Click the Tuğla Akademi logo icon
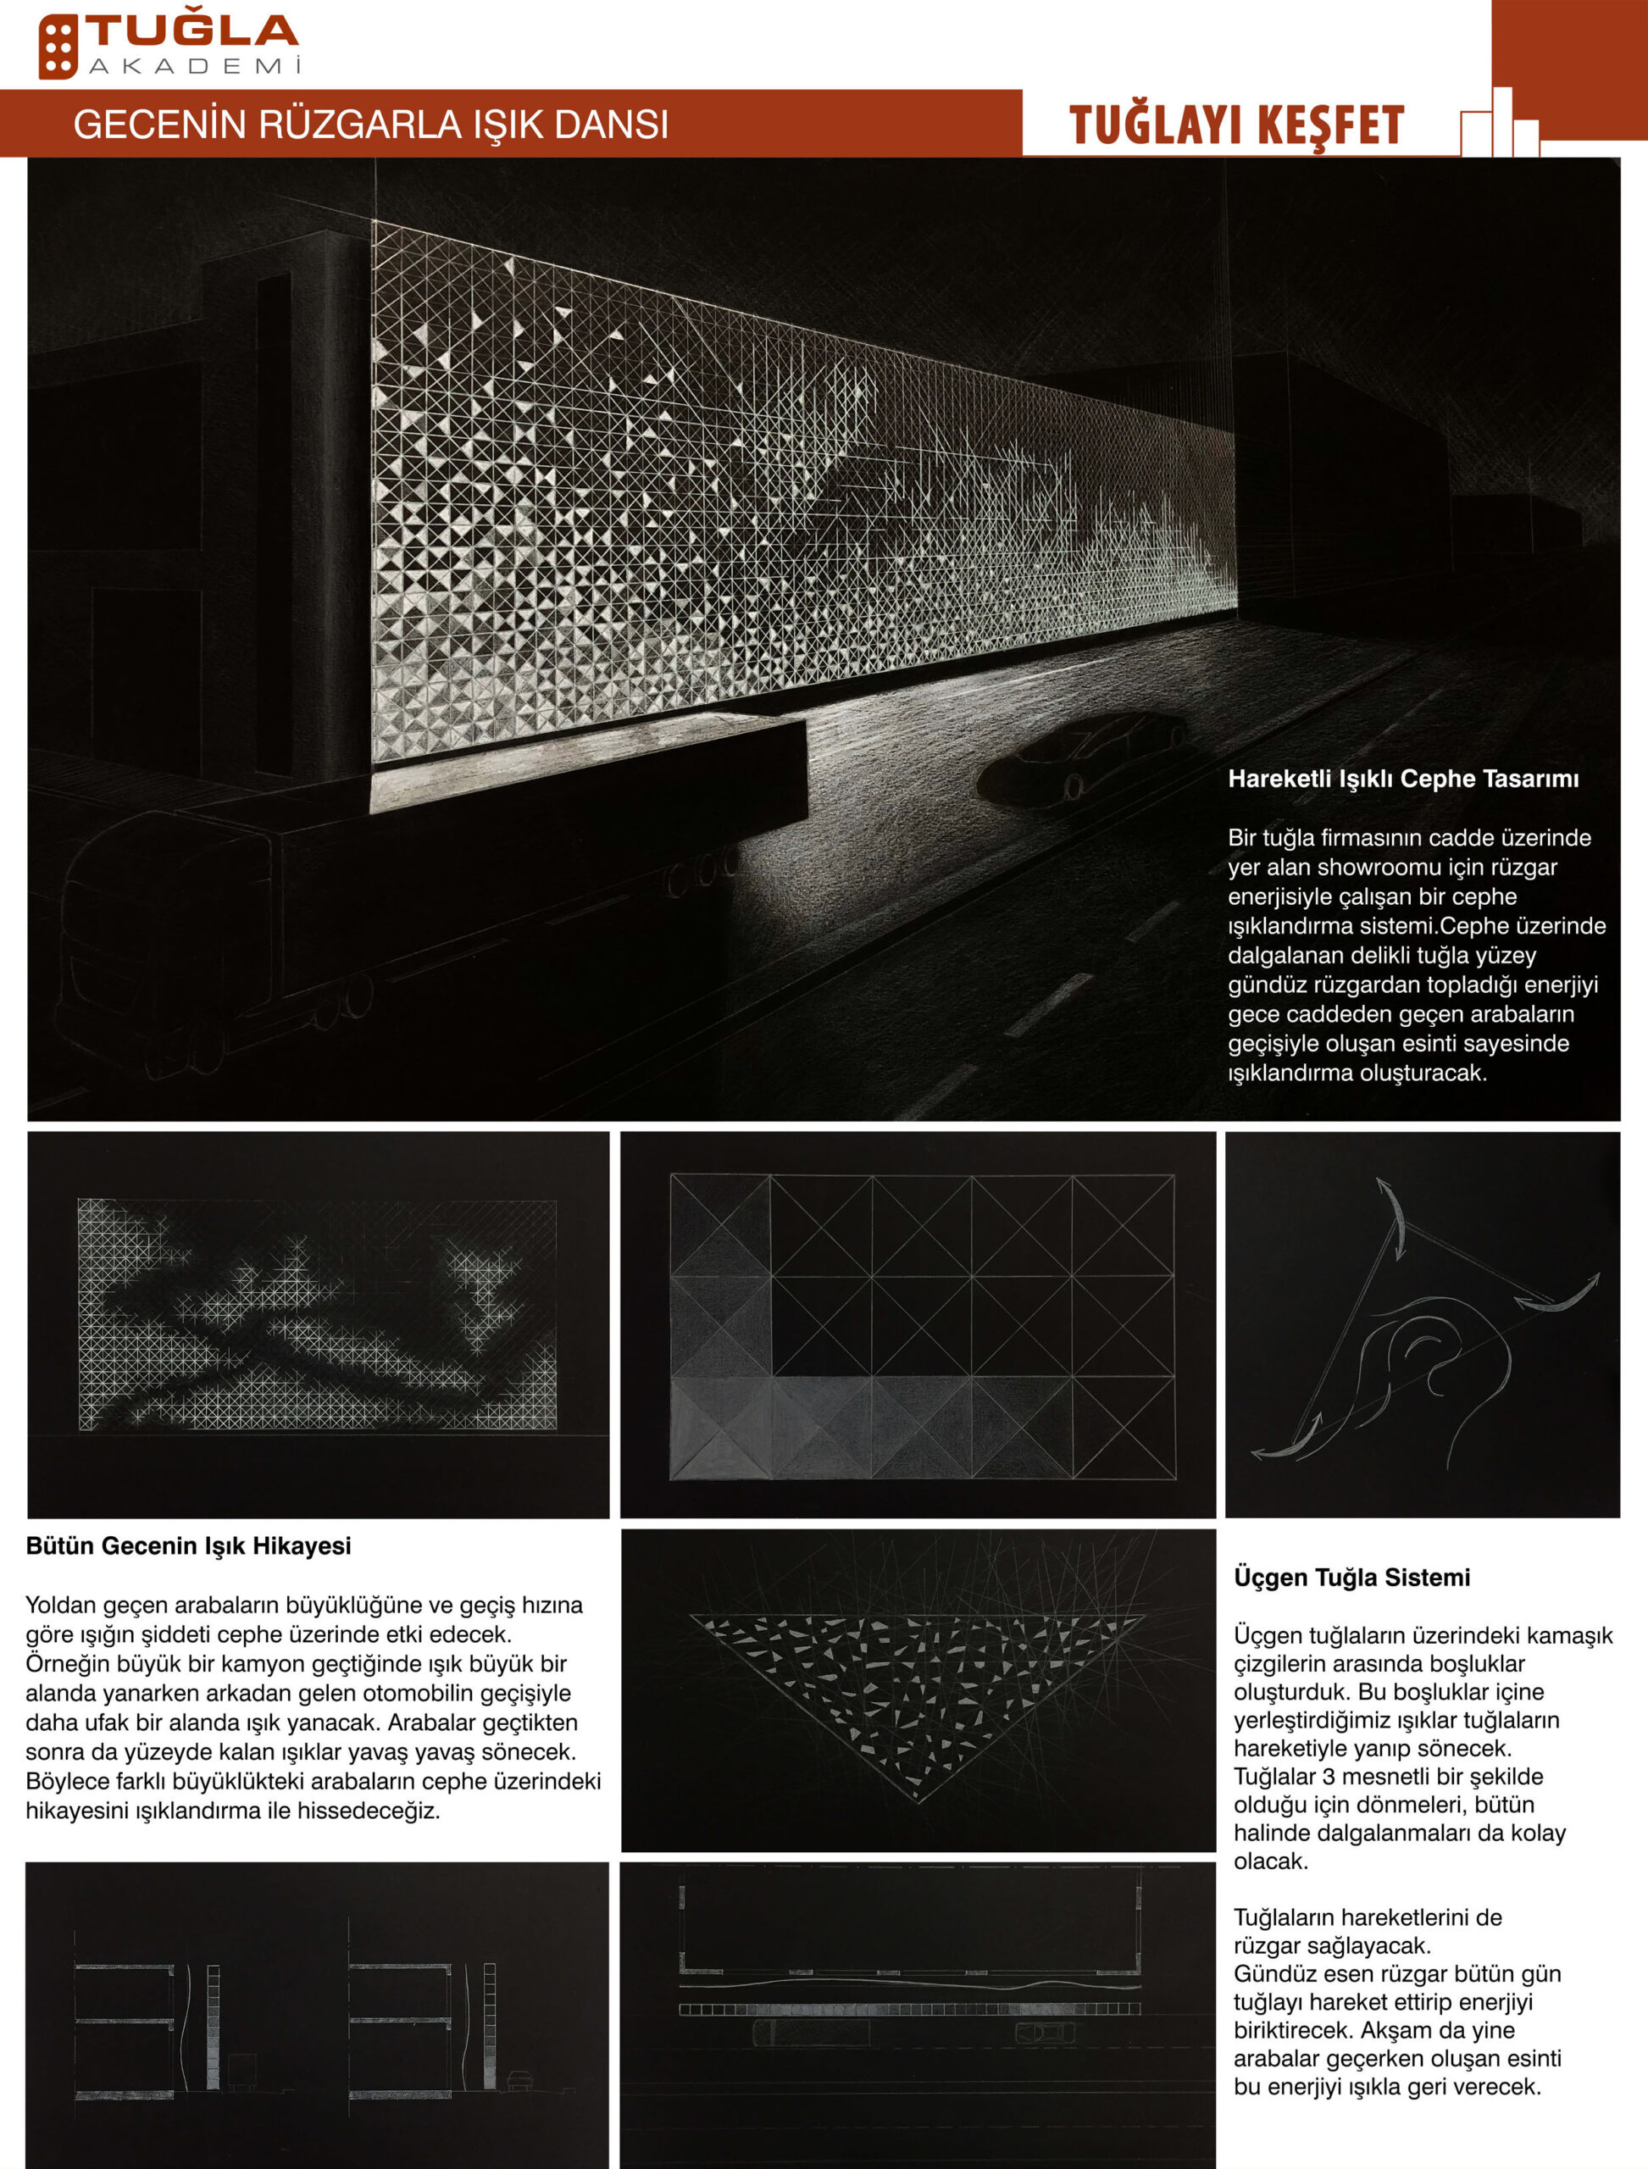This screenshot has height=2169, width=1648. (58, 46)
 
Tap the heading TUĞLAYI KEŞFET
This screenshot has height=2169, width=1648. (1236, 125)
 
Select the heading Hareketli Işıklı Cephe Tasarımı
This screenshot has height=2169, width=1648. (1403, 779)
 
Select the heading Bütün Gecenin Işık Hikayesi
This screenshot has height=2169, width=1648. (188, 1546)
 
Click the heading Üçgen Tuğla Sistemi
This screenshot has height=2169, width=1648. (1351, 1578)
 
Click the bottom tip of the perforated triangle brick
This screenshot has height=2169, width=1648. (919, 1797)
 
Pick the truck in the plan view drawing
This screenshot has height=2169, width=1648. (810, 2032)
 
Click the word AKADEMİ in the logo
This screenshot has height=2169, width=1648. (194, 67)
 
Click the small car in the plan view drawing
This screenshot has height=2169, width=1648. (1044, 2031)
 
